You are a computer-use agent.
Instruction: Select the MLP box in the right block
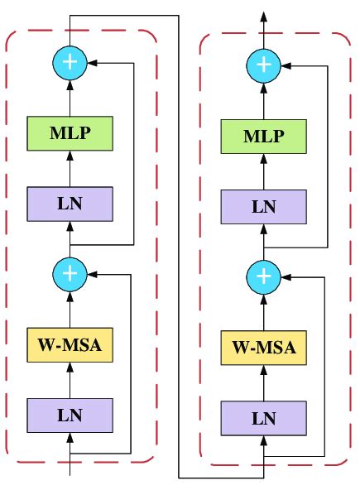coord(263,136)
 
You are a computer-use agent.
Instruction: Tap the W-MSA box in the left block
coord(70,345)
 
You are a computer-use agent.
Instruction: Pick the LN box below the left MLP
coord(70,203)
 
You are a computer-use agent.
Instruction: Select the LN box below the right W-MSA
coord(263,416)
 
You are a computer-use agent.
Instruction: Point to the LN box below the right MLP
coord(263,205)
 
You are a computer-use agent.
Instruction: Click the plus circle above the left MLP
coord(70,62)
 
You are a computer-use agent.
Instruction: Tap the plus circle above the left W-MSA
coord(70,271)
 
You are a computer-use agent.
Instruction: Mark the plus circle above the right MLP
coord(263,64)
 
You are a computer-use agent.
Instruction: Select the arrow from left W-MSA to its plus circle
coord(70,306)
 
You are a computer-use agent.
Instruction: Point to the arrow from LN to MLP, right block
coord(263,171)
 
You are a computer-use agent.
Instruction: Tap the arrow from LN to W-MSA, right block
coord(263,382)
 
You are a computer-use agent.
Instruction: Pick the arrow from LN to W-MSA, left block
coord(70,378)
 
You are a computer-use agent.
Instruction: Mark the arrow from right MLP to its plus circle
coord(263,98)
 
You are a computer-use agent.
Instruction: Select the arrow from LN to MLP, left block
coord(70,169)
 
